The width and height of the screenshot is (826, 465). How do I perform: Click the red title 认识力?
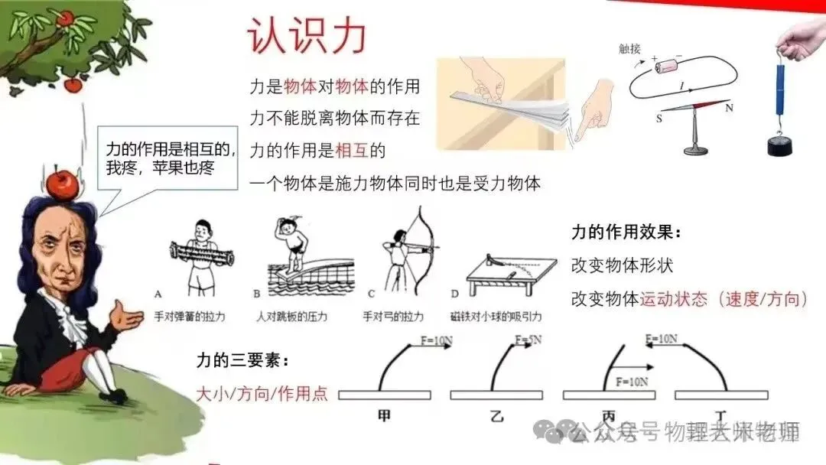307,36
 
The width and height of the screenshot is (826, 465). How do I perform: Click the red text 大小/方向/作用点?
262,394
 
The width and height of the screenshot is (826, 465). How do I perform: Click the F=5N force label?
528,340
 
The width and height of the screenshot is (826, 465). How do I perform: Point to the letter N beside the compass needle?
729,108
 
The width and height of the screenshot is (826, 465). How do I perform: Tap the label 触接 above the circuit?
629,49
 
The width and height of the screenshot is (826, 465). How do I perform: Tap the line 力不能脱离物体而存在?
335,119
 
